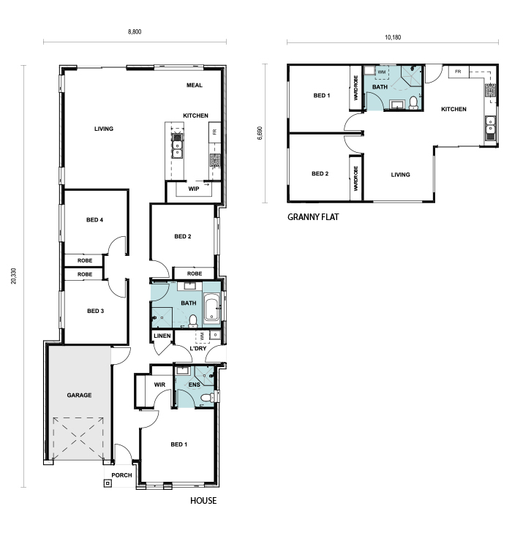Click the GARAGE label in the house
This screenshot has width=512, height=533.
(79, 395)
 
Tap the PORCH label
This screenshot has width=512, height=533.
(121, 475)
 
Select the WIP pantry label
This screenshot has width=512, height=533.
(194, 189)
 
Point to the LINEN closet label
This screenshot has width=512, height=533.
(162, 336)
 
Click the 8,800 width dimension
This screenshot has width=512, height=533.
(135, 31)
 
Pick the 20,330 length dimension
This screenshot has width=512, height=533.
(14, 276)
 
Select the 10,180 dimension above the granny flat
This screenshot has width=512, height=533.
(393, 37)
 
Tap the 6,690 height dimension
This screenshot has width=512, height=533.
(260, 133)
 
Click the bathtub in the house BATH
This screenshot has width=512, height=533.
(212, 309)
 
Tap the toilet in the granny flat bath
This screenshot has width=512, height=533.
(413, 102)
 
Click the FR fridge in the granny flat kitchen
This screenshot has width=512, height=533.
(459, 72)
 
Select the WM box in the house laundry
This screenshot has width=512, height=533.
(203, 336)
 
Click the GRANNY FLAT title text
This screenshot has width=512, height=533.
(313, 217)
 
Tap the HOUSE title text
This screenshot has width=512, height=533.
(203, 500)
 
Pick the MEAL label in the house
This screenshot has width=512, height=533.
(195, 85)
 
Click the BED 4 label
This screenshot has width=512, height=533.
(94, 220)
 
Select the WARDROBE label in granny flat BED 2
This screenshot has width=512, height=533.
(355, 178)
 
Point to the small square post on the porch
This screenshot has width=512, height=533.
(108, 483)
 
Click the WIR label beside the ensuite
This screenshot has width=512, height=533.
(159, 385)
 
